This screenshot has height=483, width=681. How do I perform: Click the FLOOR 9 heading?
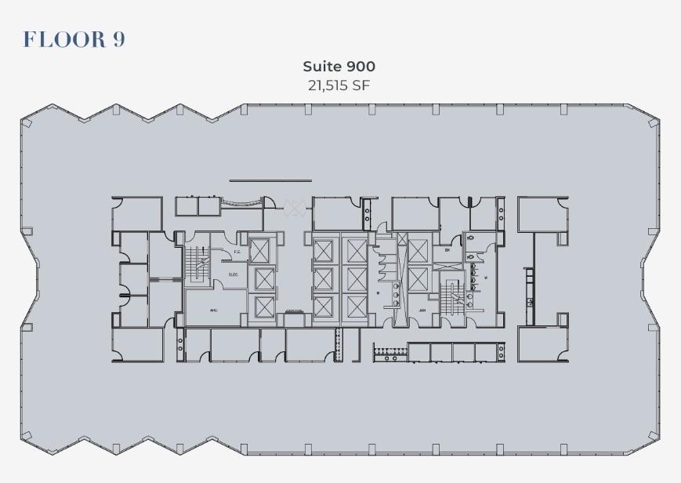click(x=74, y=39)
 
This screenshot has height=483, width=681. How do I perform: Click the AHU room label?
click(x=213, y=310)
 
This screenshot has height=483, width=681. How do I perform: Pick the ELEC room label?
click(x=234, y=274)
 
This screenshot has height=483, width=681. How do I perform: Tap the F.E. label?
click(x=237, y=252)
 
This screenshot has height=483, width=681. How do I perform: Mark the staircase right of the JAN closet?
click(x=451, y=300)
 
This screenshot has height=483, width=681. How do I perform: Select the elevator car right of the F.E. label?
click(x=261, y=251)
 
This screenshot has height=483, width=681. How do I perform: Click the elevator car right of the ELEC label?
click(x=264, y=278)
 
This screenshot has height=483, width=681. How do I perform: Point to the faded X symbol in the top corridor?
click(x=295, y=207)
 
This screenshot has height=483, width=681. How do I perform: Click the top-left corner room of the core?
click(x=137, y=212)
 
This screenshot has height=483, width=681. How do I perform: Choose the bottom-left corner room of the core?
click(x=137, y=344)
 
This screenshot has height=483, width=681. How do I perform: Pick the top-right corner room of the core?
click(x=542, y=214)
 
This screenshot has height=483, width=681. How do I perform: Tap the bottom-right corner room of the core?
click(x=542, y=344)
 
